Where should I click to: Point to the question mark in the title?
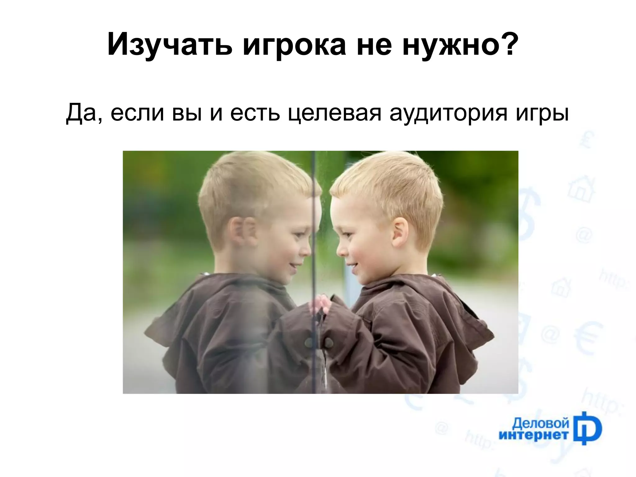pyautogui.click(x=508, y=43)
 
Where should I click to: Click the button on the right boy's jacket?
pyautogui.click(x=328, y=343)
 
